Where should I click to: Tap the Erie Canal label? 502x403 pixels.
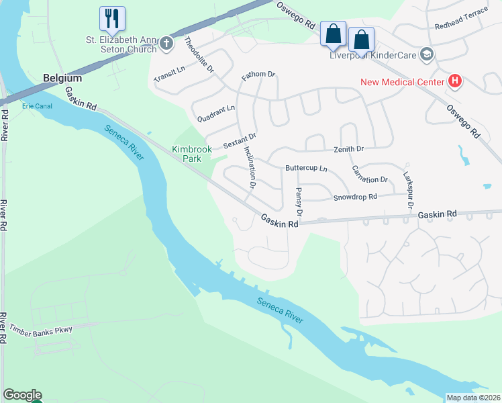(36, 106)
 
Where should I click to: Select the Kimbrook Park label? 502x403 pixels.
(192, 154)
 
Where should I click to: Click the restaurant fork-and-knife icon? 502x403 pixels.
(112, 17)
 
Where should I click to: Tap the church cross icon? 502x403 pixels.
(167, 45)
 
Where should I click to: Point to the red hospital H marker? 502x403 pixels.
(455, 82)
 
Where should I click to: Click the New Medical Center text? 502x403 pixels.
(403, 82)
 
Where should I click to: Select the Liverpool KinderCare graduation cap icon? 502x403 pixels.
(426, 54)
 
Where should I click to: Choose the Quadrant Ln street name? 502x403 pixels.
(216, 113)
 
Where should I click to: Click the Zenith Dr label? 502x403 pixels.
(348, 149)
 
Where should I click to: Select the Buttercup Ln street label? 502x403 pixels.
(306, 168)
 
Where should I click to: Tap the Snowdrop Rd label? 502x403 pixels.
(355, 197)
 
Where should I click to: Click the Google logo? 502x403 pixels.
(21, 395)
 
